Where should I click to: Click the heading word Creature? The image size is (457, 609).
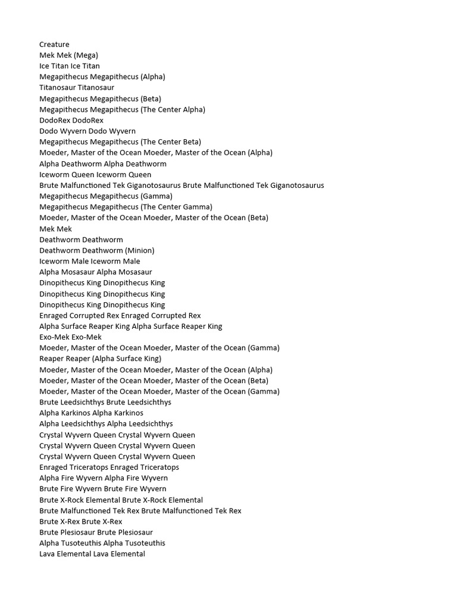(x=54, y=45)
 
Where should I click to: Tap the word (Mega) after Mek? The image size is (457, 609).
(x=86, y=55)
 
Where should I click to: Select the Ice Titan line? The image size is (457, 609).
(x=70, y=66)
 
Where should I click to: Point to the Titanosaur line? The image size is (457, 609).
(x=77, y=87)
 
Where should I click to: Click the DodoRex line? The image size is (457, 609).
(x=71, y=120)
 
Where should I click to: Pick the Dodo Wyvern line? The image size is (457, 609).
(x=87, y=131)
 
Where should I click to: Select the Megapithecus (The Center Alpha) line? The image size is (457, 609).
(x=122, y=109)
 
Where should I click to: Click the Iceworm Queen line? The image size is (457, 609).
(x=95, y=174)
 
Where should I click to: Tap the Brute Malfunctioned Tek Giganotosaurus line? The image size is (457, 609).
(x=181, y=185)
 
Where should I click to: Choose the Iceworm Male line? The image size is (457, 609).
(x=90, y=261)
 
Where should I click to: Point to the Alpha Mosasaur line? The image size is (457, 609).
(x=96, y=272)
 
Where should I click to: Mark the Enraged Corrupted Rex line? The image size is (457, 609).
(x=120, y=315)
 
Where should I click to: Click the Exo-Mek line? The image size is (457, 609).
(x=70, y=337)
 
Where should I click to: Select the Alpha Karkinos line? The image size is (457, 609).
(x=91, y=413)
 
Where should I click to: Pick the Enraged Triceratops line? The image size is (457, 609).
(x=109, y=467)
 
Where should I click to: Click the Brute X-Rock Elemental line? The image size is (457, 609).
(x=121, y=500)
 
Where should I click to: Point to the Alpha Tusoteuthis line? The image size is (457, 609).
(x=102, y=543)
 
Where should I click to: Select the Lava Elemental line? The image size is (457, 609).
(x=92, y=554)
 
